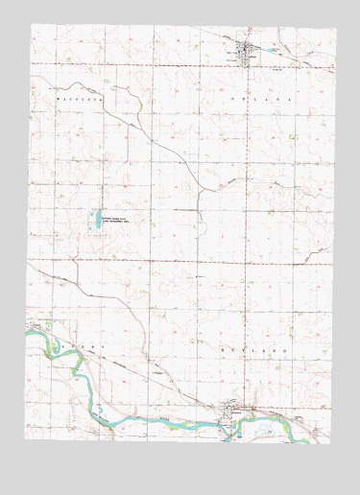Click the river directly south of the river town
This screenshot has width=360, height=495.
point(230,428)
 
